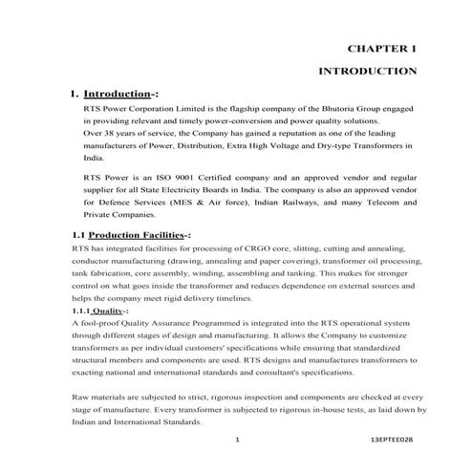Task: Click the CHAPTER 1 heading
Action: (381, 48)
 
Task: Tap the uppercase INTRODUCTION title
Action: (367, 71)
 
